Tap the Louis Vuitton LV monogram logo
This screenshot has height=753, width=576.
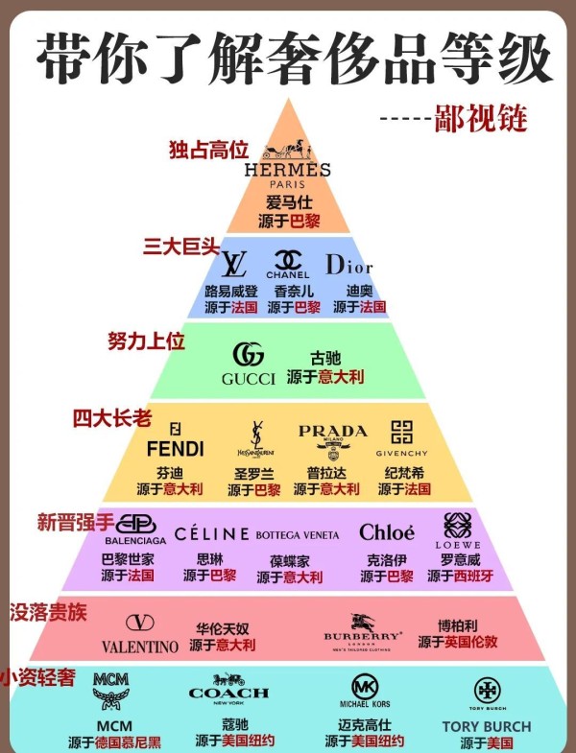[x=234, y=264]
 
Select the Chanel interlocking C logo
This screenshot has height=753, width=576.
[x=288, y=259]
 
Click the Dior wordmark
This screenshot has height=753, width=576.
[x=348, y=264]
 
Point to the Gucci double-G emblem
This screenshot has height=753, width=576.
[x=249, y=355]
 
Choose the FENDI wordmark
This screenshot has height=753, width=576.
[x=176, y=448]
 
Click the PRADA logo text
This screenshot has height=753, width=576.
[x=332, y=431]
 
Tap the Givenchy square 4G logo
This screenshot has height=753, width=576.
[x=400, y=432]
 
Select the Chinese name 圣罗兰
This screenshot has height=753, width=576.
[x=254, y=474]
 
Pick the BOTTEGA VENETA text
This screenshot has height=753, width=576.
[x=298, y=534]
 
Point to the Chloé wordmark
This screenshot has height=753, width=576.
[x=387, y=532]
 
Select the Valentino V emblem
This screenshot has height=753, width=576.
[x=140, y=623]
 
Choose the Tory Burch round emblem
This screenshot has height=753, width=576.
[x=486, y=690]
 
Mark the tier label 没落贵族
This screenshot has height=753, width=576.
[x=47, y=611]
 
